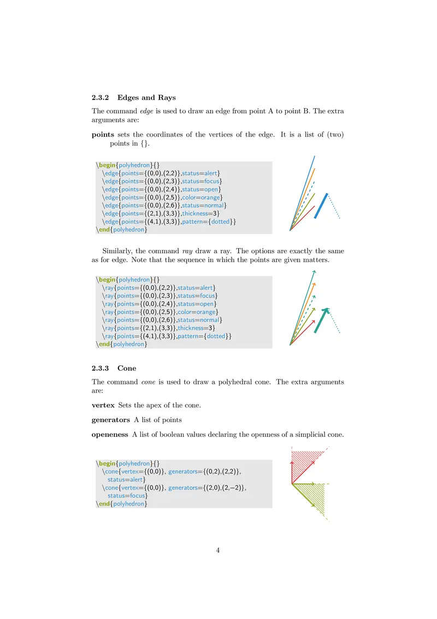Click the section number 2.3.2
[101, 98]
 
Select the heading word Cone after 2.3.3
[127, 369]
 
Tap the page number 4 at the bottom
[218, 550]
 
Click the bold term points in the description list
[103, 135]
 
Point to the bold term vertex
[103, 406]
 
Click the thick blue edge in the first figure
[321, 206]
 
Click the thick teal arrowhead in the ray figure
[325, 311]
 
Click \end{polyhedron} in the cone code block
[121, 504]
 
